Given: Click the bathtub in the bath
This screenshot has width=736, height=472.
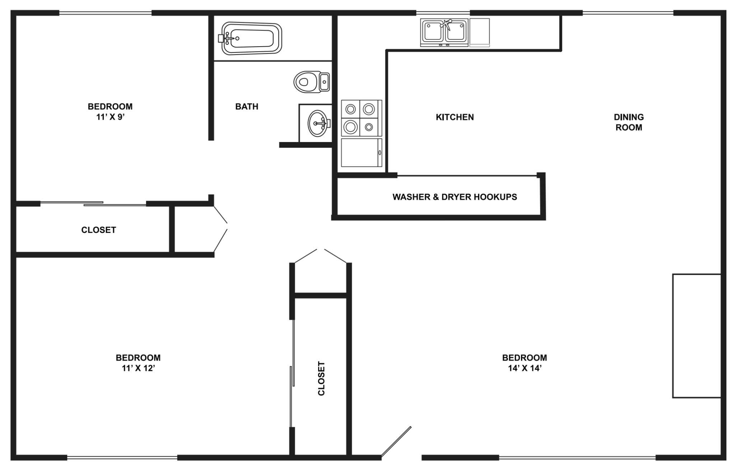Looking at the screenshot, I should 251,38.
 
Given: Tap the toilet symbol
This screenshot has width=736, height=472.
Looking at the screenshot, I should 311,82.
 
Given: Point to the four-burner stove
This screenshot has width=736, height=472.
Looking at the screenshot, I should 361,118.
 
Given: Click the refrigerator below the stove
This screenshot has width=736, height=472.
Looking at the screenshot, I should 361,153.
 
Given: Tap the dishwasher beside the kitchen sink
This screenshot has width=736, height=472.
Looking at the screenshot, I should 480,32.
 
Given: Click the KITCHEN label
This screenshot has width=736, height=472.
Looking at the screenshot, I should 455,117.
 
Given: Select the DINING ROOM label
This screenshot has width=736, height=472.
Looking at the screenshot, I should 628,122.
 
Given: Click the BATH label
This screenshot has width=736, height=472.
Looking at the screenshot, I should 247,107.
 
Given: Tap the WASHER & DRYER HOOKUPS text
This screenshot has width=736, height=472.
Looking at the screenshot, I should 455,197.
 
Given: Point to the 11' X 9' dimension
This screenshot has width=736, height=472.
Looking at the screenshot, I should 110,117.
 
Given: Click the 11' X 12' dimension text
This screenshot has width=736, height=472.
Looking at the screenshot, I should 138,368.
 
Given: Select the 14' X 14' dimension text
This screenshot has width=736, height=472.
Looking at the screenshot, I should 524,368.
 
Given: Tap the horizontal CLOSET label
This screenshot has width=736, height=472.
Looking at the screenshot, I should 98,230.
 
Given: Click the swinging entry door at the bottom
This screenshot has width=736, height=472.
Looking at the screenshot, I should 396,442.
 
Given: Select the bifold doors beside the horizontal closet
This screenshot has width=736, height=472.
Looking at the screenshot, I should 220,230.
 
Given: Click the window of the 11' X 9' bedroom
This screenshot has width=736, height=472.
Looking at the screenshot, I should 105,13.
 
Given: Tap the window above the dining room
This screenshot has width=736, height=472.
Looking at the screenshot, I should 628,13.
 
